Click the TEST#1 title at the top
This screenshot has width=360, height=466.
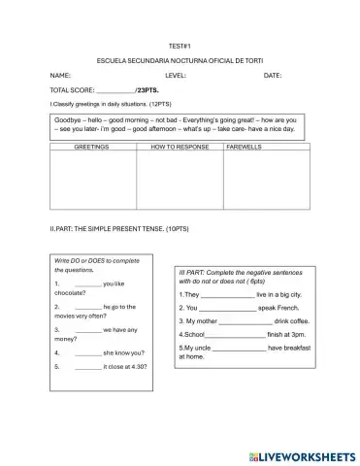point(179,46)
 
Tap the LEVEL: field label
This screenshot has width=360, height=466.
point(176,75)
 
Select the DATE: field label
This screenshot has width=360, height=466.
point(272,75)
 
